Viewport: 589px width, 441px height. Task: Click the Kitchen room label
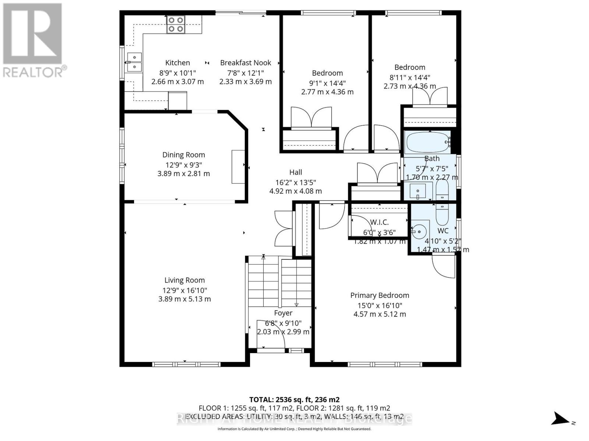(x=177, y=63)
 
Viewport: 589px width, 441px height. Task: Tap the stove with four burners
(x=175, y=25)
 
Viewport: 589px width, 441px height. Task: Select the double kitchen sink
(x=134, y=62)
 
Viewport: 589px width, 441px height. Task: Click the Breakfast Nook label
(x=246, y=63)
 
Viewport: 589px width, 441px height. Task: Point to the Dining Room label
(x=184, y=155)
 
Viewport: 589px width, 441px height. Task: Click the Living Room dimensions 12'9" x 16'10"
(x=184, y=290)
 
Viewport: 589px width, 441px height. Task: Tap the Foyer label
(x=283, y=313)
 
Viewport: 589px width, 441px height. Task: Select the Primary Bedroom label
(x=380, y=295)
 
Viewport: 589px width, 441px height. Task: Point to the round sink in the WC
(x=419, y=232)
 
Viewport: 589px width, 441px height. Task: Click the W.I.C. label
(x=379, y=222)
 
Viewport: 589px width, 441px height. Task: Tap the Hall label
(x=296, y=172)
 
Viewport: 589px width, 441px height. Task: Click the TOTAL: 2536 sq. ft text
(x=294, y=399)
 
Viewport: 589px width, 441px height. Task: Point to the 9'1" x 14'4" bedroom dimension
(x=327, y=83)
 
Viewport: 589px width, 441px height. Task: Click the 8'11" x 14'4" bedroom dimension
(x=410, y=77)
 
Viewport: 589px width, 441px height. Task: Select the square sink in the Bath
(x=418, y=191)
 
